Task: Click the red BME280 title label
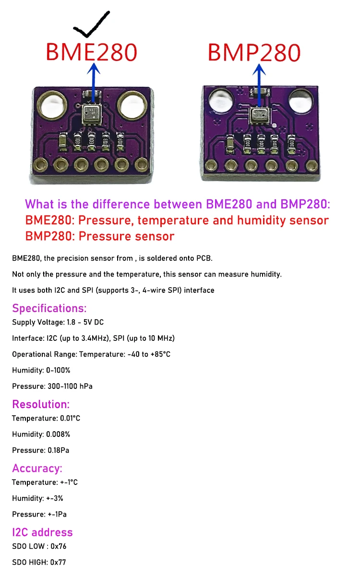pyautogui.click(x=91, y=52)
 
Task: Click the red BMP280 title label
pyautogui.click(x=254, y=52)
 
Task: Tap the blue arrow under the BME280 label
pyautogui.click(x=93, y=84)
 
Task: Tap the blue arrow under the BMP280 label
pyautogui.click(x=260, y=84)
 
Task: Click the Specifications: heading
pyautogui.click(x=49, y=308)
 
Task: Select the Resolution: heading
pyautogui.click(x=41, y=404)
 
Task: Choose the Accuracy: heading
pyautogui.click(x=37, y=468)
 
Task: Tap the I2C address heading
pyautogui.click(x=42, y=532)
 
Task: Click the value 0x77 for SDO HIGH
pyautogui.click(x=58, y=562)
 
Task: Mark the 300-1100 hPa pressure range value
pyautogui.click(x=70, y=387)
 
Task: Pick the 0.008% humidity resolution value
pyautogui.click(x=58, y=435)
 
